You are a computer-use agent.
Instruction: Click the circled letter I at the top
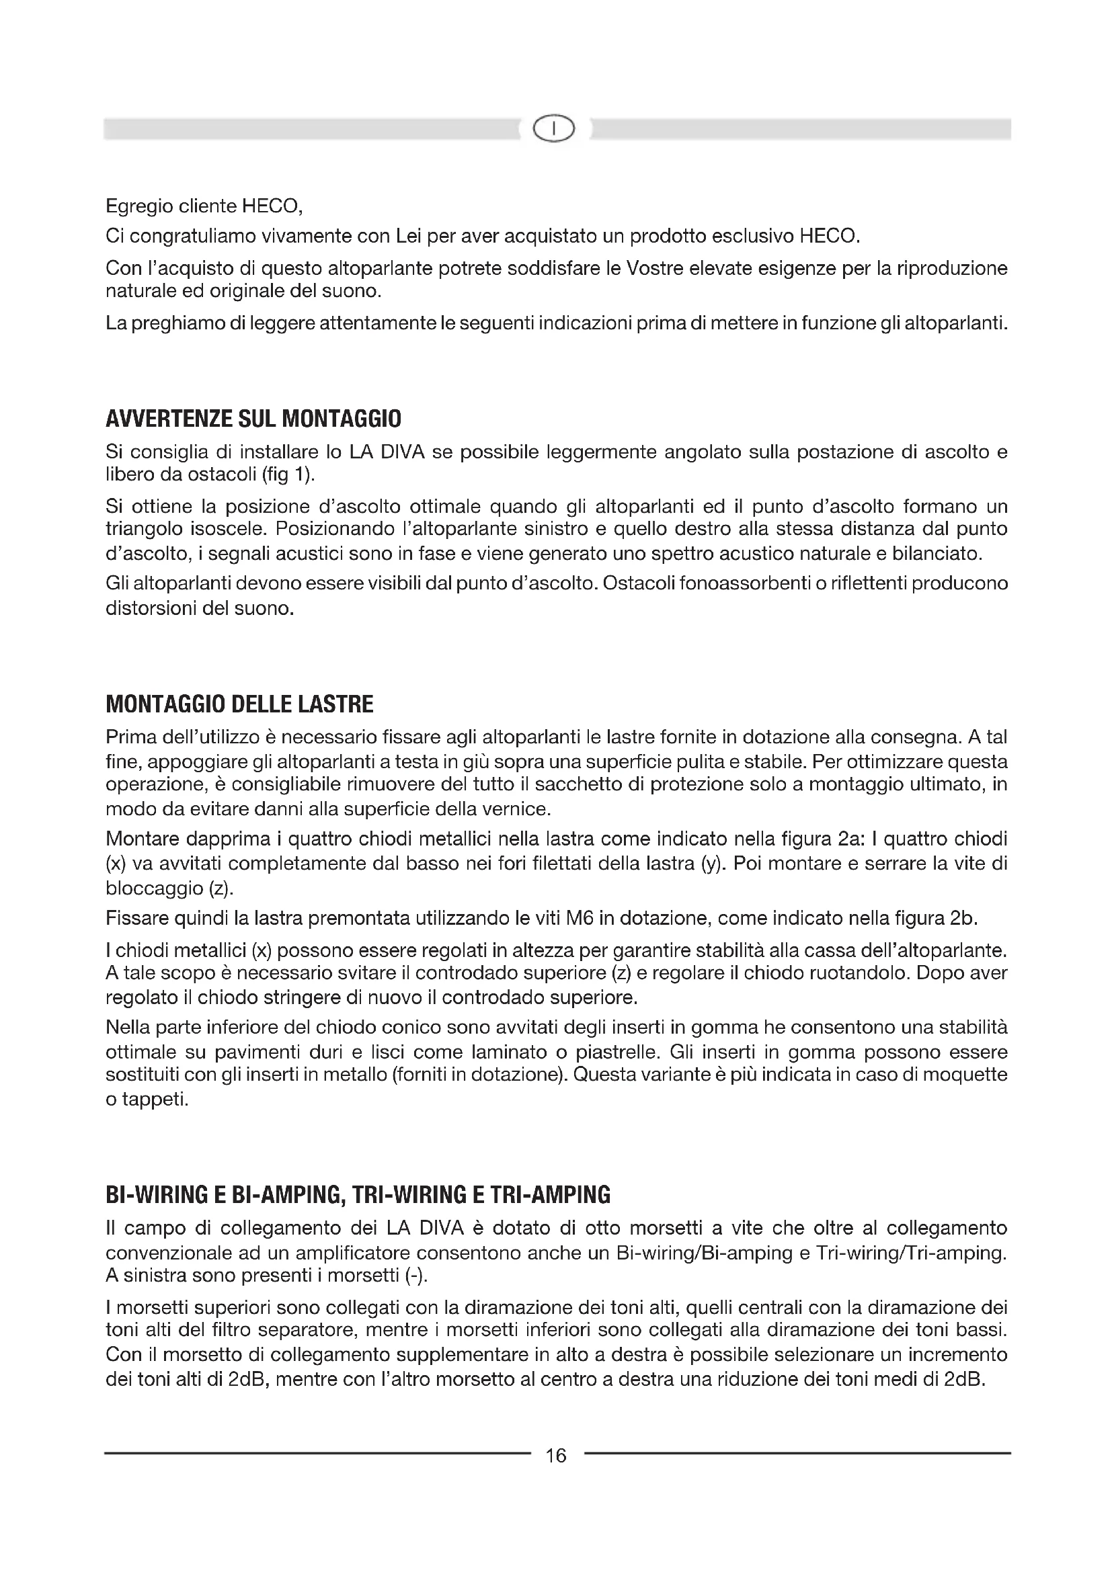pos(555,128)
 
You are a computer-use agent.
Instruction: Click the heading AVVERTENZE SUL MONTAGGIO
pos(253,418)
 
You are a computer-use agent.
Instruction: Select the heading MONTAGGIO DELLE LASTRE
pos(239,704)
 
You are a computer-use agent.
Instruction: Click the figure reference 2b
pos(963,918)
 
